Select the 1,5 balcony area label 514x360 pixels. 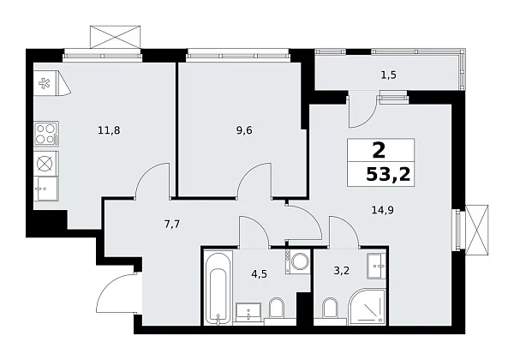click(387, 75)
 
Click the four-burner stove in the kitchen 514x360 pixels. click(45, 134)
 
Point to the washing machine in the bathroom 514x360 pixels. click(299, 261)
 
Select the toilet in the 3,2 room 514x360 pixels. click(331, 308)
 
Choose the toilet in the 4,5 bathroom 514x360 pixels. click(277, 309)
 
